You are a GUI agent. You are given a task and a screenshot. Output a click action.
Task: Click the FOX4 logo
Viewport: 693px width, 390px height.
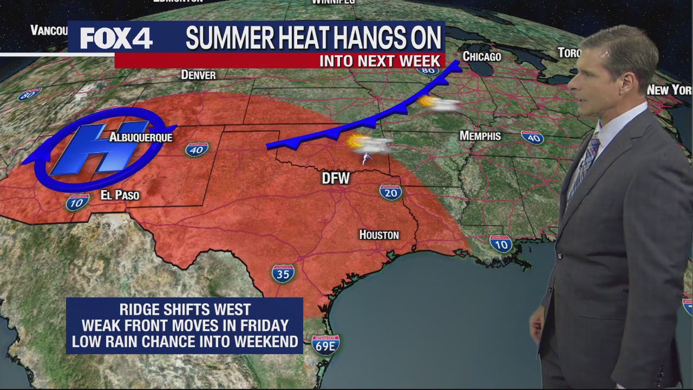[x=116, y=38]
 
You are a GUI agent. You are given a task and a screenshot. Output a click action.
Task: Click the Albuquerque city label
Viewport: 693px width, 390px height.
[x=141, y=138]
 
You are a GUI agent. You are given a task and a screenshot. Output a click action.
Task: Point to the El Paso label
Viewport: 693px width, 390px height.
[x=120, y=195]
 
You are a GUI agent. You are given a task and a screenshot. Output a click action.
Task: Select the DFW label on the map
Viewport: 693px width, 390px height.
[x=336, y=178]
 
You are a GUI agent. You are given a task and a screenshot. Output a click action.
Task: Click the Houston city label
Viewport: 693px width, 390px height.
[x=379, y=235]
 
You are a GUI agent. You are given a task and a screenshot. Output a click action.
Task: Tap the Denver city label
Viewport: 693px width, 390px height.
[x=198, y=75]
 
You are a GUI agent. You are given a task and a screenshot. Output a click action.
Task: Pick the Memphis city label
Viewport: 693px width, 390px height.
[x=480, y=135]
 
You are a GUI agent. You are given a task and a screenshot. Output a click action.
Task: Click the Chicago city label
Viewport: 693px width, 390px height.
[x=481, y=56]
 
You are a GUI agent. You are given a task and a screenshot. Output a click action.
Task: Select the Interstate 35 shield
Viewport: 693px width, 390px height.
[x=283, y=273]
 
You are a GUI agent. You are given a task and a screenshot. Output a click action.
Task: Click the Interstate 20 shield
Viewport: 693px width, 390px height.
[x=390, y=191]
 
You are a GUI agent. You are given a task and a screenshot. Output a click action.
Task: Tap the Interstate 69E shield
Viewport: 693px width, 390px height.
[x=325, y=344]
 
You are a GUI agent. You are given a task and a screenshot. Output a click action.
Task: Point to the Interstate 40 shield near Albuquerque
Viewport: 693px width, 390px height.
[x=196, y=149]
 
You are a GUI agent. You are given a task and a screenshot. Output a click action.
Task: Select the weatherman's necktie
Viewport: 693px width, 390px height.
[x=588, y=158]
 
